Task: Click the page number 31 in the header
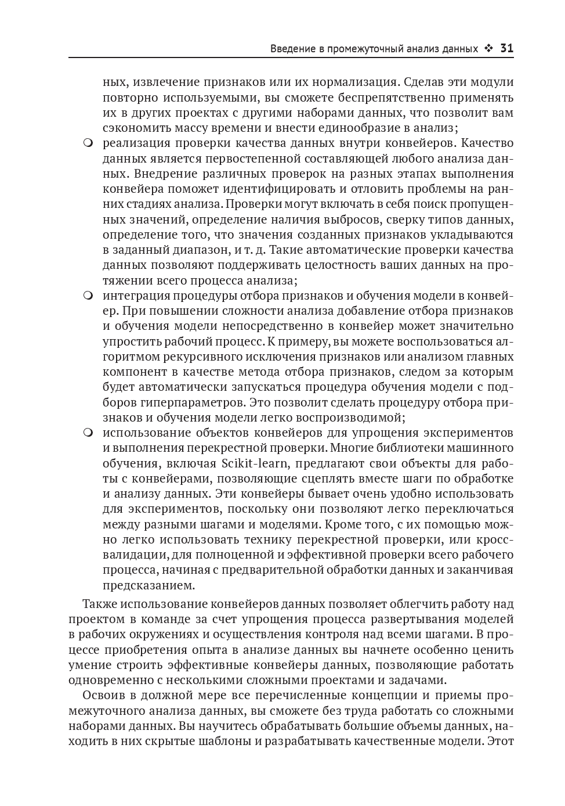click(x=506, y=49)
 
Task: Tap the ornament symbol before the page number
click(x=489, y=49)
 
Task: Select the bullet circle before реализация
click(x=88, y=143)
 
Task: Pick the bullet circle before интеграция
click(x=88, y=296)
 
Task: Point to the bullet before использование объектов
click(x=88, y=433)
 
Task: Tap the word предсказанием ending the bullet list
click(x=149, y=585)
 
